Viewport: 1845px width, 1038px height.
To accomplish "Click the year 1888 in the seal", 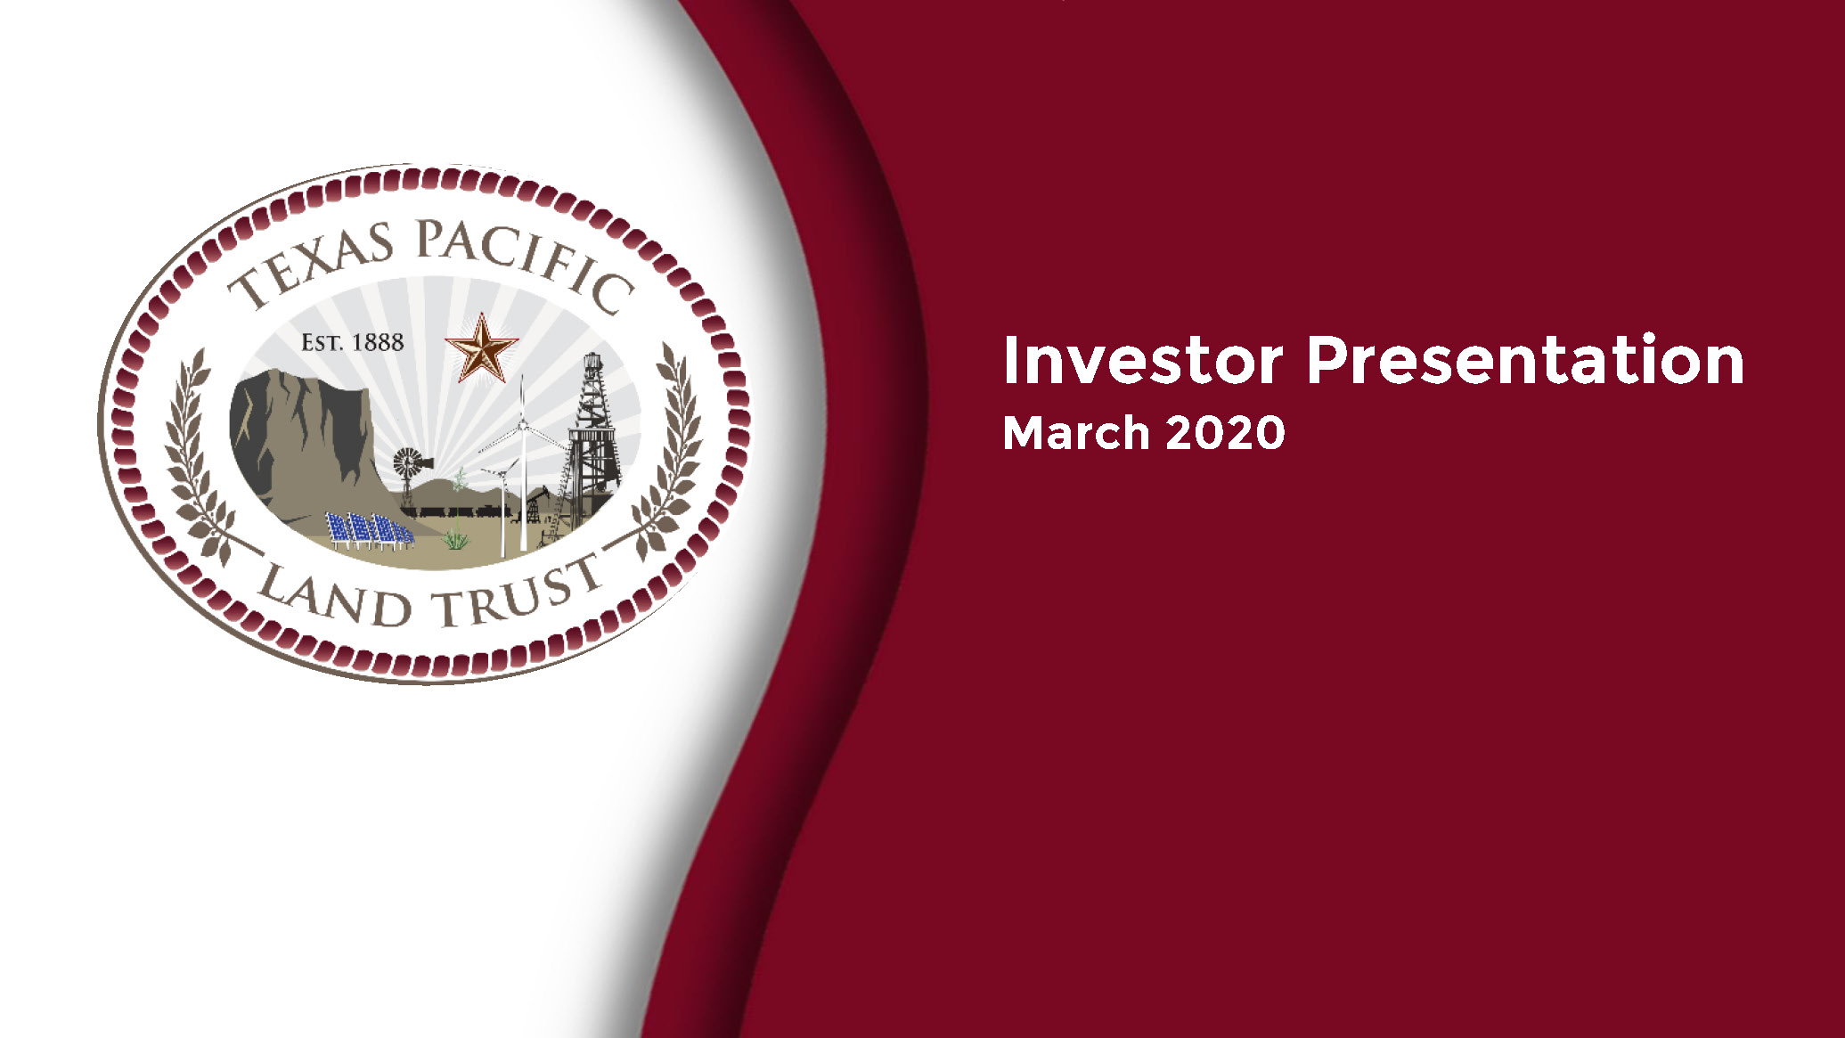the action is pos(378,342).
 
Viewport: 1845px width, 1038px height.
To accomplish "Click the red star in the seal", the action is pos(481,348).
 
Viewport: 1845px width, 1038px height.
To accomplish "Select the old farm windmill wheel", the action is pos(408,462).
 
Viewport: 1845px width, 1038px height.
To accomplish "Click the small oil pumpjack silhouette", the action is pos(532,505).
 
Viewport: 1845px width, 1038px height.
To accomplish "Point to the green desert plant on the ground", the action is pos(455,538).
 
